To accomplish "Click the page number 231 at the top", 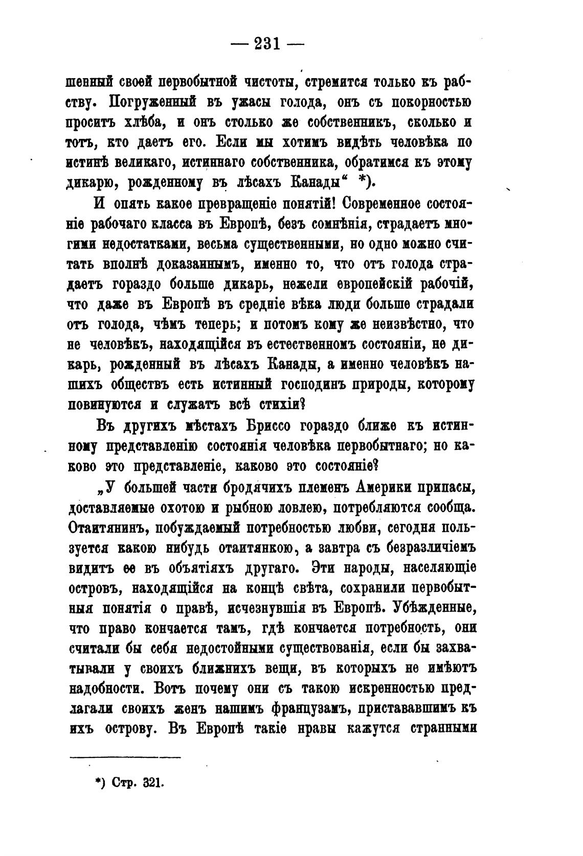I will [267, 44].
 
